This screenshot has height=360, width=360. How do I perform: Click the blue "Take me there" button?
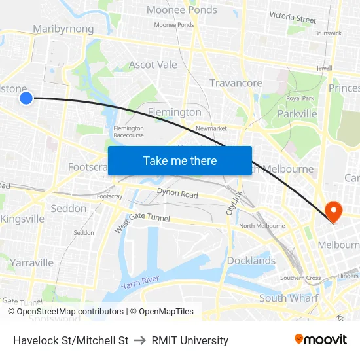180,161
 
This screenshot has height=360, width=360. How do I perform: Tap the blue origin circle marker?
26,98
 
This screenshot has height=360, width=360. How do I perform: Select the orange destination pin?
333,211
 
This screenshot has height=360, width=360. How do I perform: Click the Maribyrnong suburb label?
63,29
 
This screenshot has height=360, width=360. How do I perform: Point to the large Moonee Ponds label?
181,10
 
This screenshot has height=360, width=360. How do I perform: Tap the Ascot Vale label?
153,65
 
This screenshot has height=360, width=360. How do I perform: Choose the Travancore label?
236,83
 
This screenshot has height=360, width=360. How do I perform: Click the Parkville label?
297,113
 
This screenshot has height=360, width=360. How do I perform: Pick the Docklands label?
251,261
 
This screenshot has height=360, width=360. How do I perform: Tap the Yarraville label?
31,262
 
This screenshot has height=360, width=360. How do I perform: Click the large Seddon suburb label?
68,208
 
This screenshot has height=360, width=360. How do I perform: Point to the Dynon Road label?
177,194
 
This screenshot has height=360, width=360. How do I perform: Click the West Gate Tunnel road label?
142,223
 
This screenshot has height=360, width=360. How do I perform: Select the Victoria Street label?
292,18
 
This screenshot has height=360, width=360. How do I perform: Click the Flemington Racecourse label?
128,132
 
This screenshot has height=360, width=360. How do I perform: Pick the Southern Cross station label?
300,278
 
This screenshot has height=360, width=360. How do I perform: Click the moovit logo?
320,339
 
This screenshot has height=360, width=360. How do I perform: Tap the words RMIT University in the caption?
190,340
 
